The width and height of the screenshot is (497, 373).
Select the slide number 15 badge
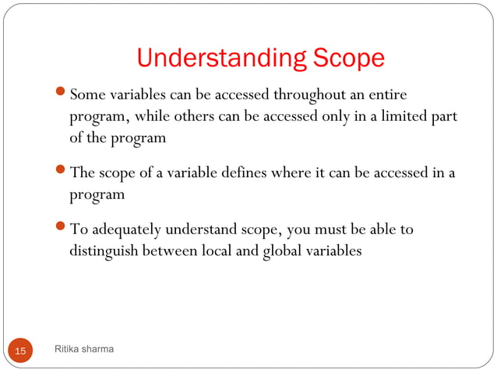[19, 351]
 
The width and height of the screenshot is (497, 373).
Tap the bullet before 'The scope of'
[63, 173]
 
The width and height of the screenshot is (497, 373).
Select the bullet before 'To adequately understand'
[63, 229]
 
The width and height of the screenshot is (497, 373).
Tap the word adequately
[125, 229]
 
